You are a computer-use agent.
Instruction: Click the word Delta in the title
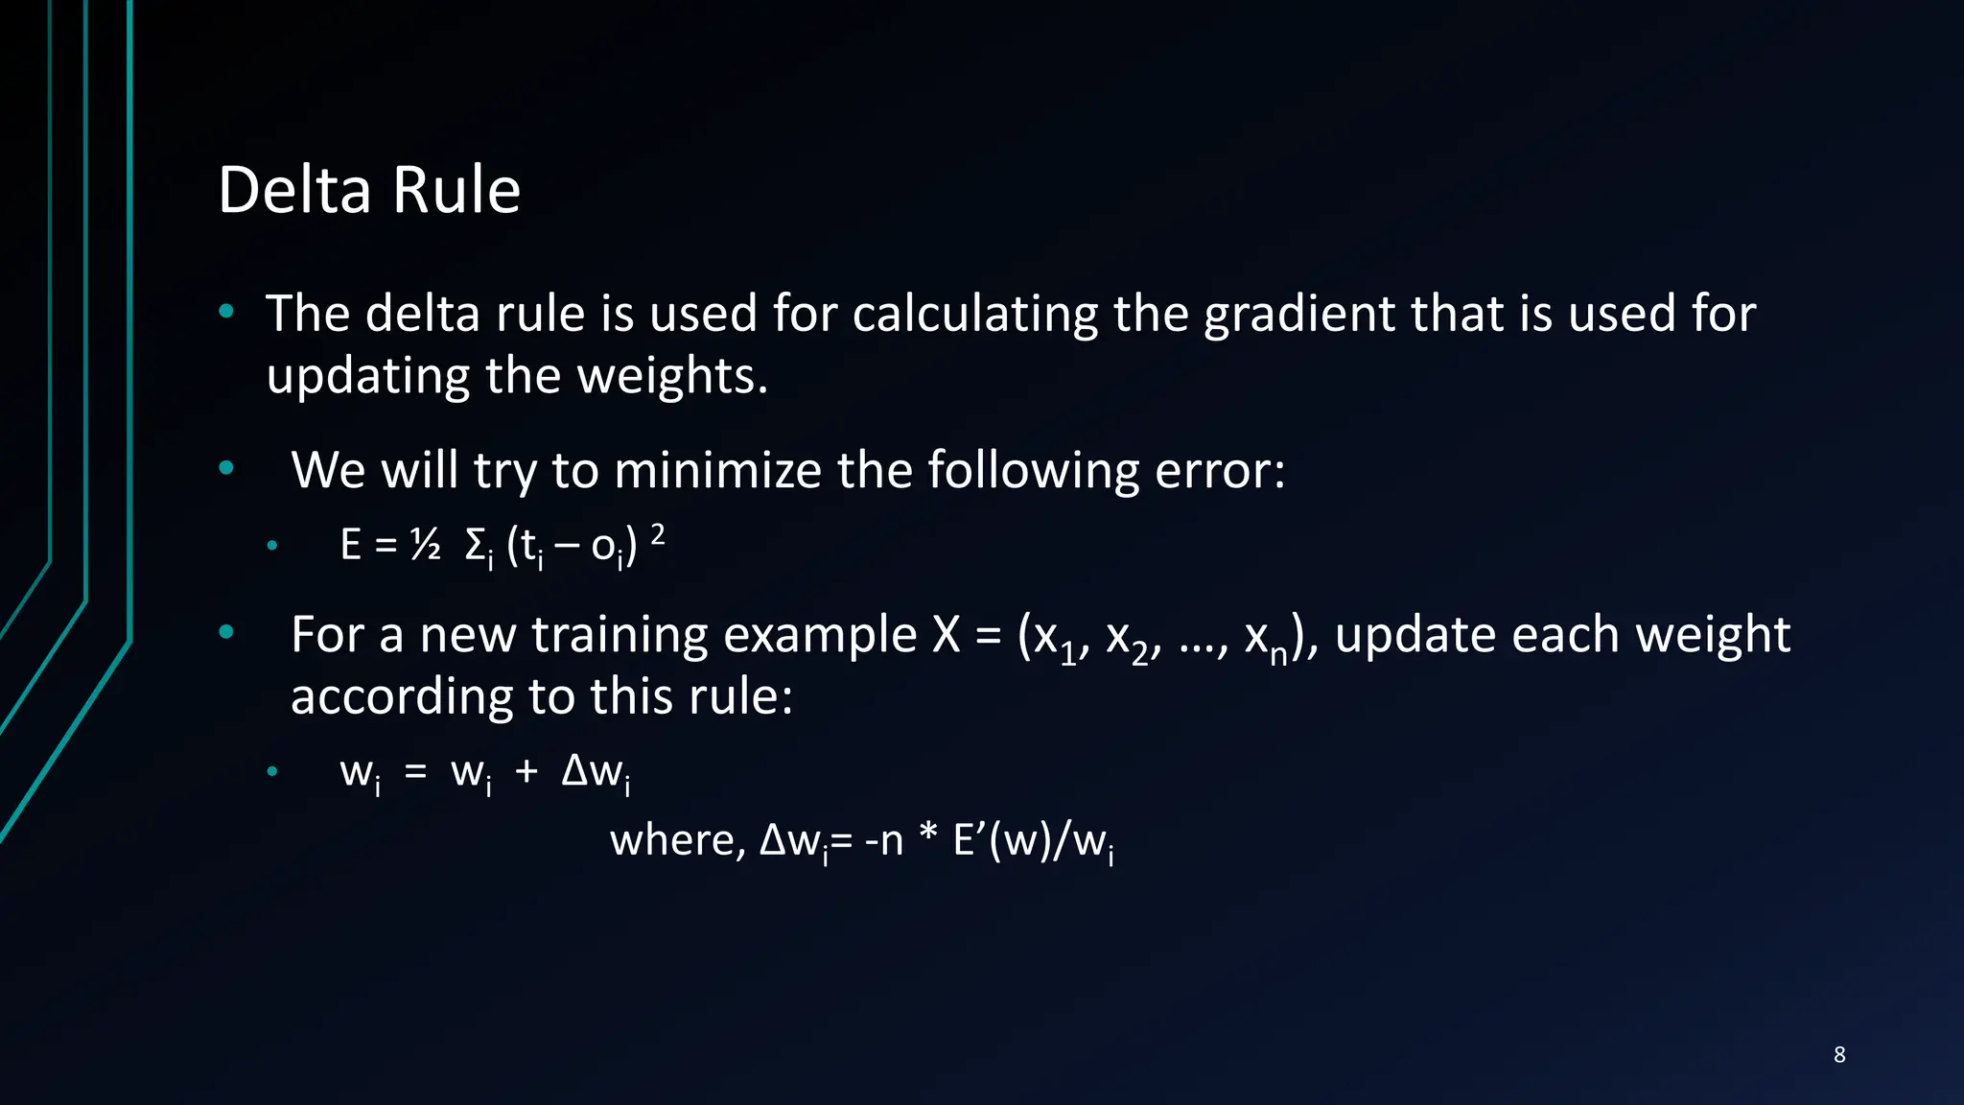pyautogui.click(x=294, y=190)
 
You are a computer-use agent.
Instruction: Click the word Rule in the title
pyautogui.click(x=456, y=190)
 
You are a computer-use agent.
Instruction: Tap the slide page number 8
pyautogui.click(x=1839, y=1054)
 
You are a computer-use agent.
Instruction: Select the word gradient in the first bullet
pyautogui.click(x=1294, y=315)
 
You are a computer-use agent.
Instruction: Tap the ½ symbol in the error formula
pyautogui.click(x=425, y=545)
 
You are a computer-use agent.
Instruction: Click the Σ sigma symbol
pyautogui.click(x=475, y=545)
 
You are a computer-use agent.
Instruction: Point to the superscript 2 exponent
pyautogui.click(x=658, y=534)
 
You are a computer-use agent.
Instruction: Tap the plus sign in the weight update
pyautogui.click(x=526, y=770)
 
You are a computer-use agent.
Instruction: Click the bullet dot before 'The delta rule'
pyautogui.click(x=226, y=311)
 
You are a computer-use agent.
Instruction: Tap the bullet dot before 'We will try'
pyautogui.click(x=226, y=468)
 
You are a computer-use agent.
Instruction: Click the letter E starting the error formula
pyautogui.click(x=351, y=545)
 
